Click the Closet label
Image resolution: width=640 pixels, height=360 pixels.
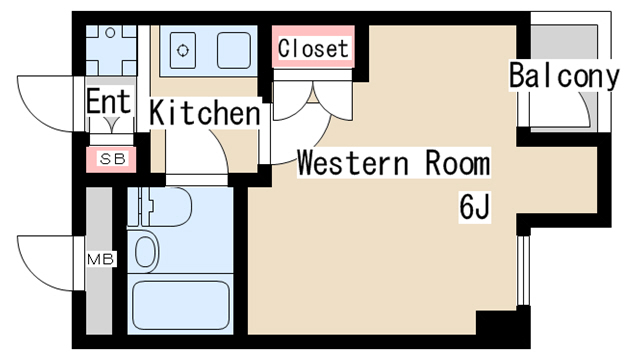313,49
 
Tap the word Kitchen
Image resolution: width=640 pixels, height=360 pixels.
204,112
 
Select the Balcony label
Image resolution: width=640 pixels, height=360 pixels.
564,76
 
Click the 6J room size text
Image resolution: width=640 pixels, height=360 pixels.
474,207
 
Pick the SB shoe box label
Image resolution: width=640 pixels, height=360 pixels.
112,159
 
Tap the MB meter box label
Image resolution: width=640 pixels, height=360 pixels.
101,259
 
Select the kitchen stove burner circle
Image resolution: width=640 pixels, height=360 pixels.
182,50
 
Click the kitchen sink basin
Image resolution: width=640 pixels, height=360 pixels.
234,50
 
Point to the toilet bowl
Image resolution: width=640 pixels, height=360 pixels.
145,252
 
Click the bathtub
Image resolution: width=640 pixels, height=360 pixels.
181,305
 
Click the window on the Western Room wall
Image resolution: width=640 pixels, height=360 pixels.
523,270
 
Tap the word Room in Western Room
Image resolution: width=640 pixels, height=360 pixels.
457,162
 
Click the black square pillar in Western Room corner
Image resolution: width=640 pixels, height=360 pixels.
496,322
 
